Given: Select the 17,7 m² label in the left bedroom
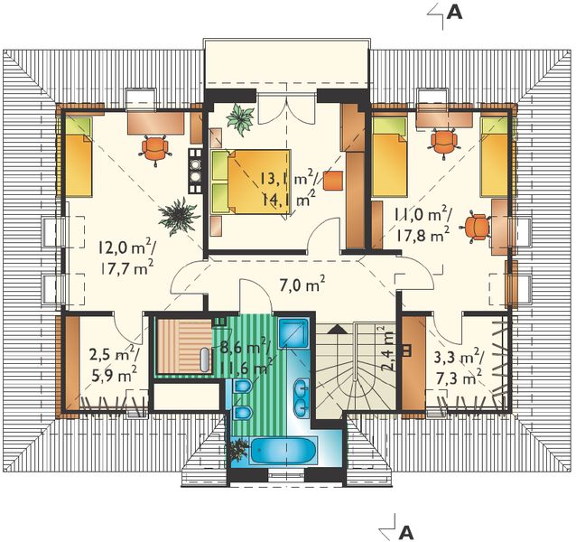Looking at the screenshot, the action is [125, 268].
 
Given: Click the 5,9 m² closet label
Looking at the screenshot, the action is [114, 376].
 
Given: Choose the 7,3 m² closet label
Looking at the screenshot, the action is [459, 377].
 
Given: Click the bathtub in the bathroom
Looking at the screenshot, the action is [283, 451].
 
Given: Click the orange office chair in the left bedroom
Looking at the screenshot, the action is [156, 149].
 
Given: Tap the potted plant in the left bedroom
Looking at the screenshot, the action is [178, 216].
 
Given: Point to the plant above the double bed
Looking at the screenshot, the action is [241, 118].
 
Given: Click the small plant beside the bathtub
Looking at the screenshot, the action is [239, 449].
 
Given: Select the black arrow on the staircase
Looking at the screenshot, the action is [338, 329].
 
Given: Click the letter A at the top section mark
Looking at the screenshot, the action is [454, 13].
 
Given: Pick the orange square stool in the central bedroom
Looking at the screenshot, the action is [333, 180].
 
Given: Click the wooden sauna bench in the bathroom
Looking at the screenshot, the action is [184, 346].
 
